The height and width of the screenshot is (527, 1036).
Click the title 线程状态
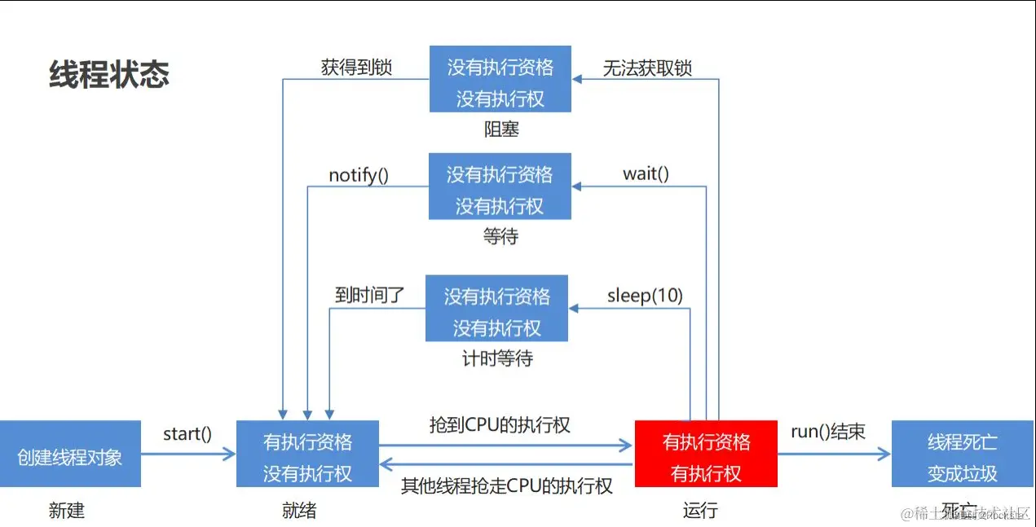click(109, 74)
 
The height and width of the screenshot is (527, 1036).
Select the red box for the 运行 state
click(706, 454)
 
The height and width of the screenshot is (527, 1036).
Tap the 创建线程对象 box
click(70, 455)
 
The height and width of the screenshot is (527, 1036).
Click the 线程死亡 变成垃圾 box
click(962, 455)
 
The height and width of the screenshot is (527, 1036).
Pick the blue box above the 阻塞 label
click(500, 80)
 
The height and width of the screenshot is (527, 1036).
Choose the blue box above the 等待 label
click(500, 187)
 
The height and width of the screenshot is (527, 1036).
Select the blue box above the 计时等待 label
click(496, 309)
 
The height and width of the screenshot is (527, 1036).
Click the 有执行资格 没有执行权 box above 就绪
click(307, 454)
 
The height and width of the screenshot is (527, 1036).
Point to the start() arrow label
click(187, 433)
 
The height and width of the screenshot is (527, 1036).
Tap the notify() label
click(359, 175)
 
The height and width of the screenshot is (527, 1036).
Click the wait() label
click(646, 173)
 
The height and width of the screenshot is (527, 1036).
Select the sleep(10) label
click(645, 295)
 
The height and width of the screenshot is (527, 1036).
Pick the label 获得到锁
click(356, 67)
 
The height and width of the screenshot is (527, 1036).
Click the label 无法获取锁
click(647, 68)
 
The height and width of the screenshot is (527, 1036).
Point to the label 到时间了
click(369, 295)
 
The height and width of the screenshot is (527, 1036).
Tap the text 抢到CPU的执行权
click(500, 424)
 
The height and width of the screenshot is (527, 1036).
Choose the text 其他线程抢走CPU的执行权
click(506, 486)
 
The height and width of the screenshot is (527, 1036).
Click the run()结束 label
click(827, 432)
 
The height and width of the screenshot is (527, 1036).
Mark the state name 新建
click(66, 511)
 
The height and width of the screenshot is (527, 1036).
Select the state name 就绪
click(298, 511)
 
